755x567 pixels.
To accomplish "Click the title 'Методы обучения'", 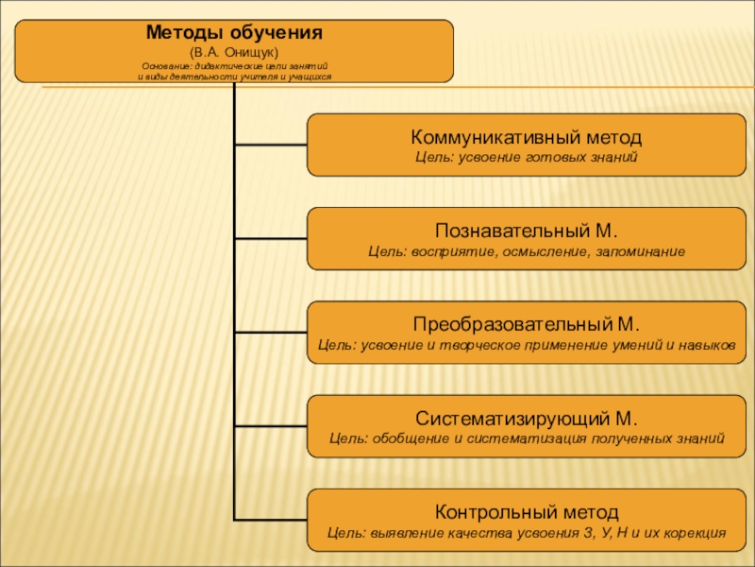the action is point(234,33).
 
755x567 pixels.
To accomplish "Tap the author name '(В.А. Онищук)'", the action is point(234,50).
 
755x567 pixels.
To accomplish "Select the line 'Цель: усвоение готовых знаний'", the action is point(527,156).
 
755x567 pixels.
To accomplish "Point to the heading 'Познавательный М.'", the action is point(527,232).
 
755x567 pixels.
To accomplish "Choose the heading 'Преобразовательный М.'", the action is point(527,325).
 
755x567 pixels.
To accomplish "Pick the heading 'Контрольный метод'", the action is point(527,513).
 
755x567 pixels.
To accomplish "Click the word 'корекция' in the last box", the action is point(696,533).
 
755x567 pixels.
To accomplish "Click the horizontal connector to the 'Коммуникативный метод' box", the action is point(271,145).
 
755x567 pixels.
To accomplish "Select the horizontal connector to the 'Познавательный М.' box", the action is point(271,238).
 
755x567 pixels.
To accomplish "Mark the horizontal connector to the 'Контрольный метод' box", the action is point(271,520).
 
